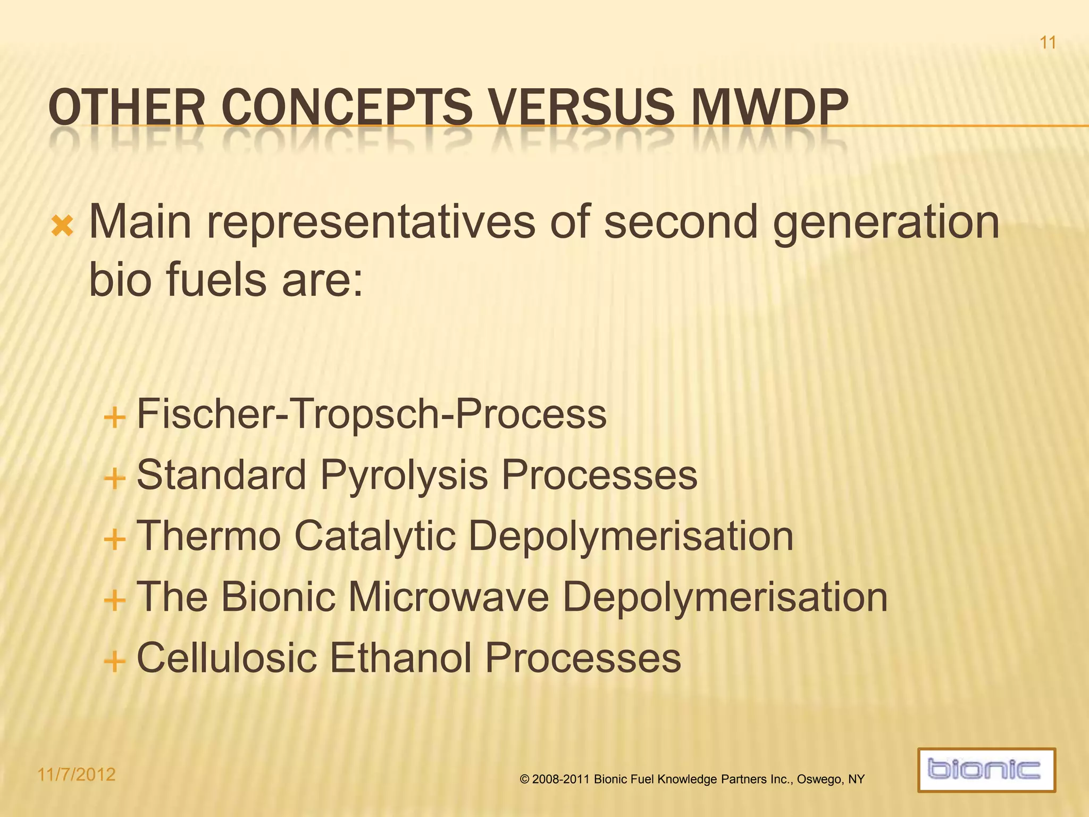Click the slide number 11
pos(1048,43)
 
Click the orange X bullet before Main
pos(62,227)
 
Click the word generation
pos(885,223)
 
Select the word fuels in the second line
pos(215,280)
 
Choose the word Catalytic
pos(375,536)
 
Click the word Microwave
pos(448,597)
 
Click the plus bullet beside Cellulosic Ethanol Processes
pos(114,662)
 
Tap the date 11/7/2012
pos(77,774)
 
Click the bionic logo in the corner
pos(986,770)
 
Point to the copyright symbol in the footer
pos(524,780)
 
